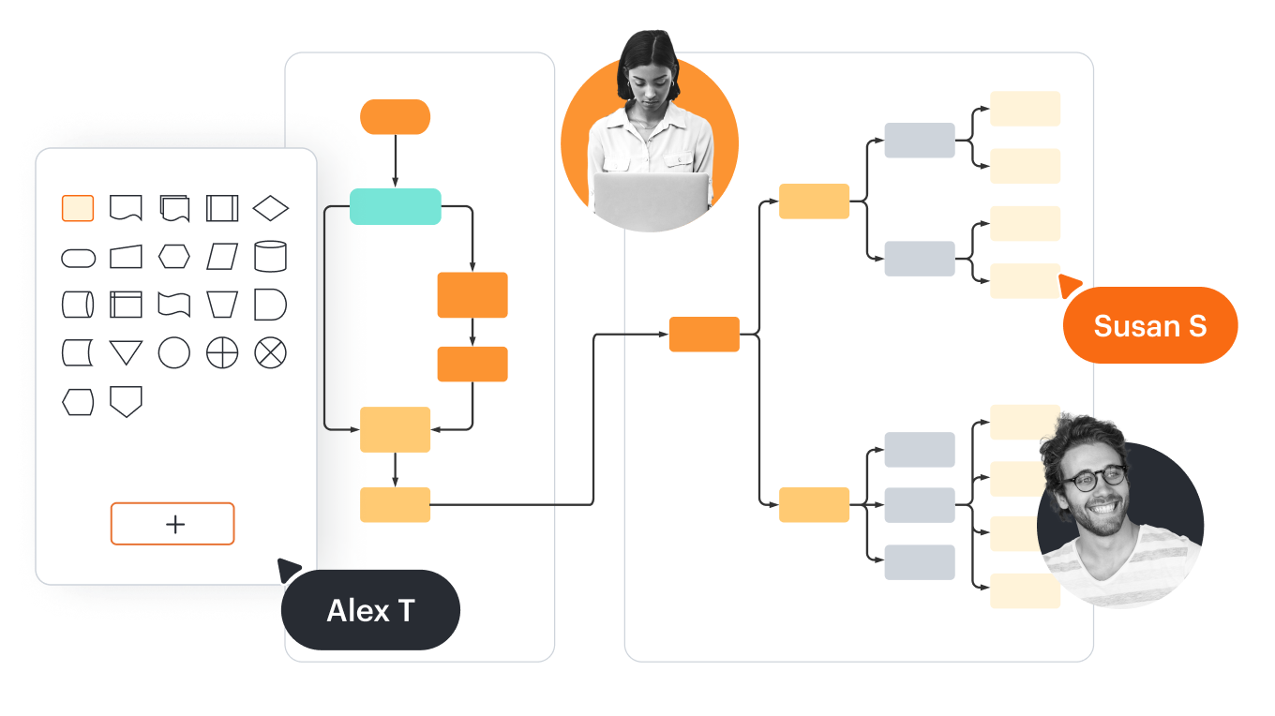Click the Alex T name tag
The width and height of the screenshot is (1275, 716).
371,611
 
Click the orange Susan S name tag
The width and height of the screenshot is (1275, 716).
1150,326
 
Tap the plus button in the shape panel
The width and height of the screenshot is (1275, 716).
172,524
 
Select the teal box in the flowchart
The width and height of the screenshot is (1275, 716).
395,206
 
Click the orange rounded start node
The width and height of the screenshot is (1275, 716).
395,117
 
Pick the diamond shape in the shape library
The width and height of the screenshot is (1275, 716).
271,208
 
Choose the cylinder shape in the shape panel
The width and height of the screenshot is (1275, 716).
270,256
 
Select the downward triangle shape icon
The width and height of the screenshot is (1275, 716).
126,353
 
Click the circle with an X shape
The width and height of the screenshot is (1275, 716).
270,353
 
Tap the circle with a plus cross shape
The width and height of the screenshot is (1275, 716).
222,353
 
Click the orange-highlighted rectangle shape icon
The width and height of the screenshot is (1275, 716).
78,208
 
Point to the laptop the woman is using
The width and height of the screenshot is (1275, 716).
650,199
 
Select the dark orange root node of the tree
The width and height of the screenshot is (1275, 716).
704,335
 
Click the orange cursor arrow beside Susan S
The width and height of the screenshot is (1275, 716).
1069,283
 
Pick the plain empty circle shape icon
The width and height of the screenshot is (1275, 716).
173,353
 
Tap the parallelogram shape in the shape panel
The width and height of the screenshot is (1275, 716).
222,256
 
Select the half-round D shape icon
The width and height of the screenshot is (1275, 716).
270,305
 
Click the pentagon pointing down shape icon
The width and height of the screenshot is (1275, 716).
126,401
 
